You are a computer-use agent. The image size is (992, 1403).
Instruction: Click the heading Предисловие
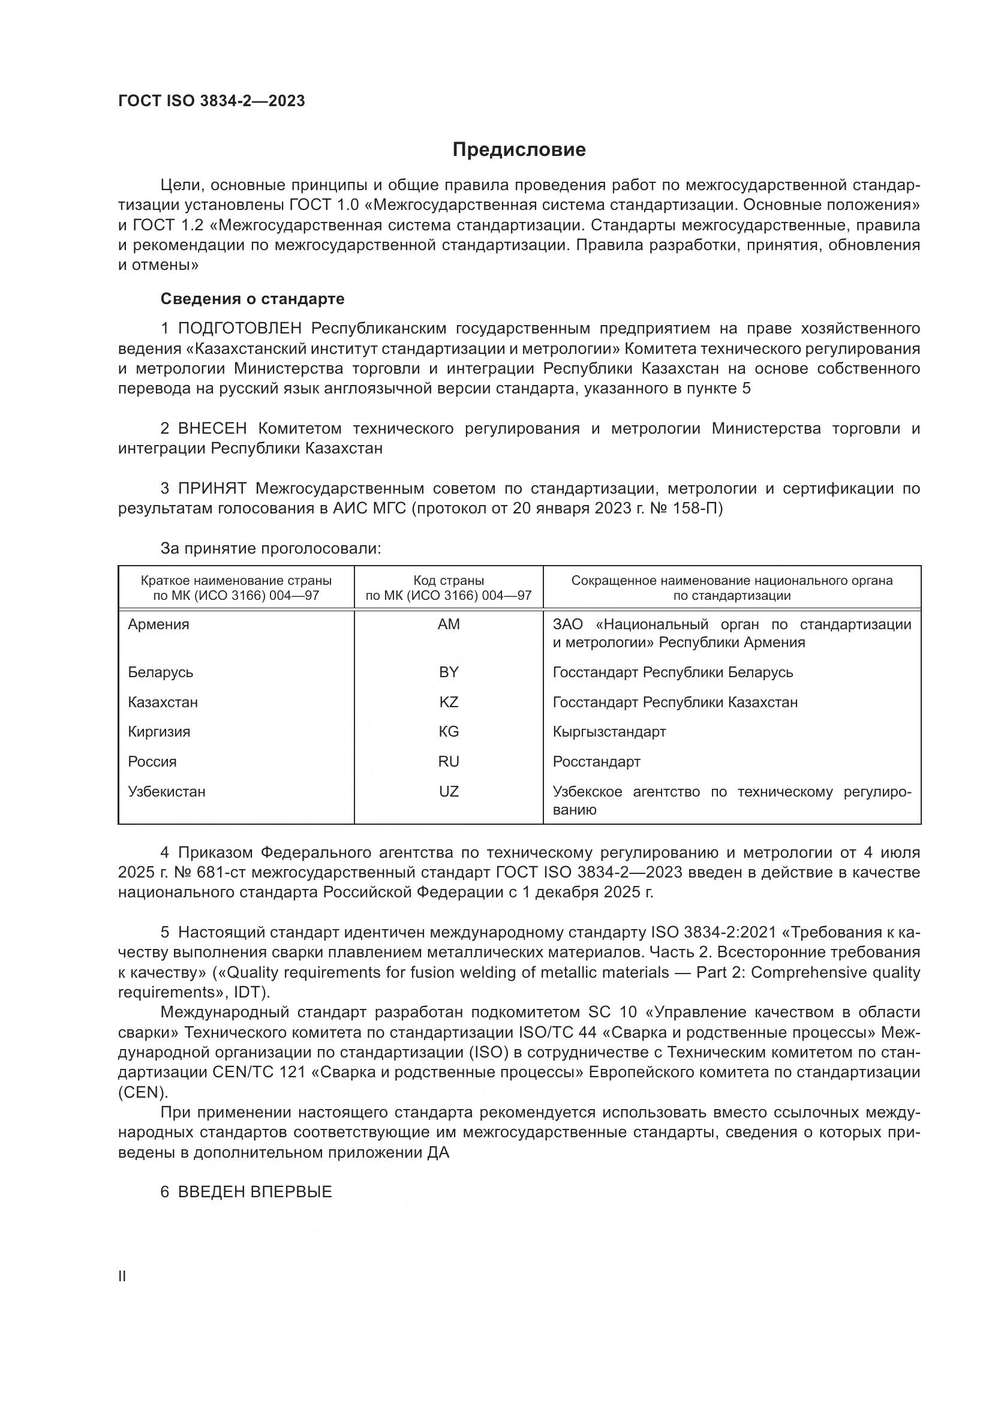tap(519, 150)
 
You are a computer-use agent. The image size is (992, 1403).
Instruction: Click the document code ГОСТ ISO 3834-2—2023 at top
tap(211, 101)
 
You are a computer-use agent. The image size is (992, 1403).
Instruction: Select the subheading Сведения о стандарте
tap(252, 299)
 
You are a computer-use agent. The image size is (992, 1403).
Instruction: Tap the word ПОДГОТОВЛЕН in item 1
tap(239, 329)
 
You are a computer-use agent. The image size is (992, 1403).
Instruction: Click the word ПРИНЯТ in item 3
tap(212, 488)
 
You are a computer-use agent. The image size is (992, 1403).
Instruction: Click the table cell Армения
tap(159, 624)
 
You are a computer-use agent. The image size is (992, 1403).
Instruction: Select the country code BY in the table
tap(449, 672)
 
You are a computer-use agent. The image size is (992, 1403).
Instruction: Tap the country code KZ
tap(449, 702)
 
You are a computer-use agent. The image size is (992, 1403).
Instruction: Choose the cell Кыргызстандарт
tap(609, 732)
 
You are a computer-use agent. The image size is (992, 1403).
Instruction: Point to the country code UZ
tap(449, 792)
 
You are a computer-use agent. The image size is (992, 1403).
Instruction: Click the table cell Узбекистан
tap(167, 792)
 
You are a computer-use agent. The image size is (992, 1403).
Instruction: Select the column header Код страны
tap(449, 581)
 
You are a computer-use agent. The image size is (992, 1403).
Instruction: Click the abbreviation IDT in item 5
tap(246, 992)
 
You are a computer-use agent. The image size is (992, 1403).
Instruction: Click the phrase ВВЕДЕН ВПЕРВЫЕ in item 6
tap(255, 1192)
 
